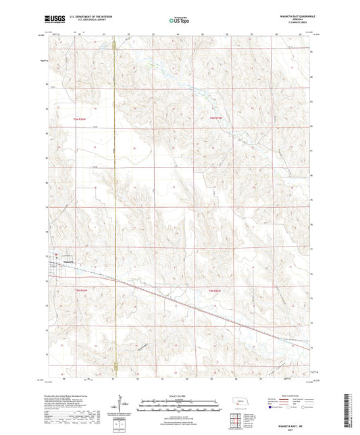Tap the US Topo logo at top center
click(178, 20)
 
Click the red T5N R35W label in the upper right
click(216, 119)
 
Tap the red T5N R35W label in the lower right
click(216, 290)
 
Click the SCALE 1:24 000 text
click(179, 395)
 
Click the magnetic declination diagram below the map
click(124, 407)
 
